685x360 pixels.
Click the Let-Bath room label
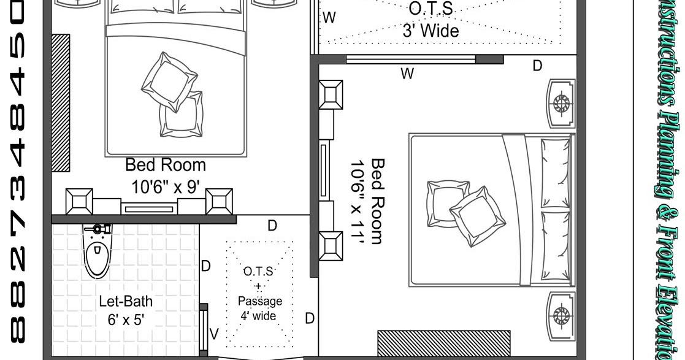(126, 302)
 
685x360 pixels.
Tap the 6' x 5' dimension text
(126, 320)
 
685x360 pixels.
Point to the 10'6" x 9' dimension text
(166, 186)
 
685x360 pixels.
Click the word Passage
(260, 301)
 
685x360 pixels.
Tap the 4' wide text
(258, 316)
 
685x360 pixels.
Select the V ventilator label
(214, 334)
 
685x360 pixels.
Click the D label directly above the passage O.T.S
(272, 226)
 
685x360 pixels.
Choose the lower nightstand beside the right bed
(561, 316)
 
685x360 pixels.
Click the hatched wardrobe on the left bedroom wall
(61, 102)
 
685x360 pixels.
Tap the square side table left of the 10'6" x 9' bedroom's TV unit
(79, 202)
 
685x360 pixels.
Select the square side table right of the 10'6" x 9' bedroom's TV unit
(219, 202)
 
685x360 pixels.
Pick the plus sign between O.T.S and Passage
(258, 286)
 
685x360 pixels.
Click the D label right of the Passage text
(310, 318)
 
